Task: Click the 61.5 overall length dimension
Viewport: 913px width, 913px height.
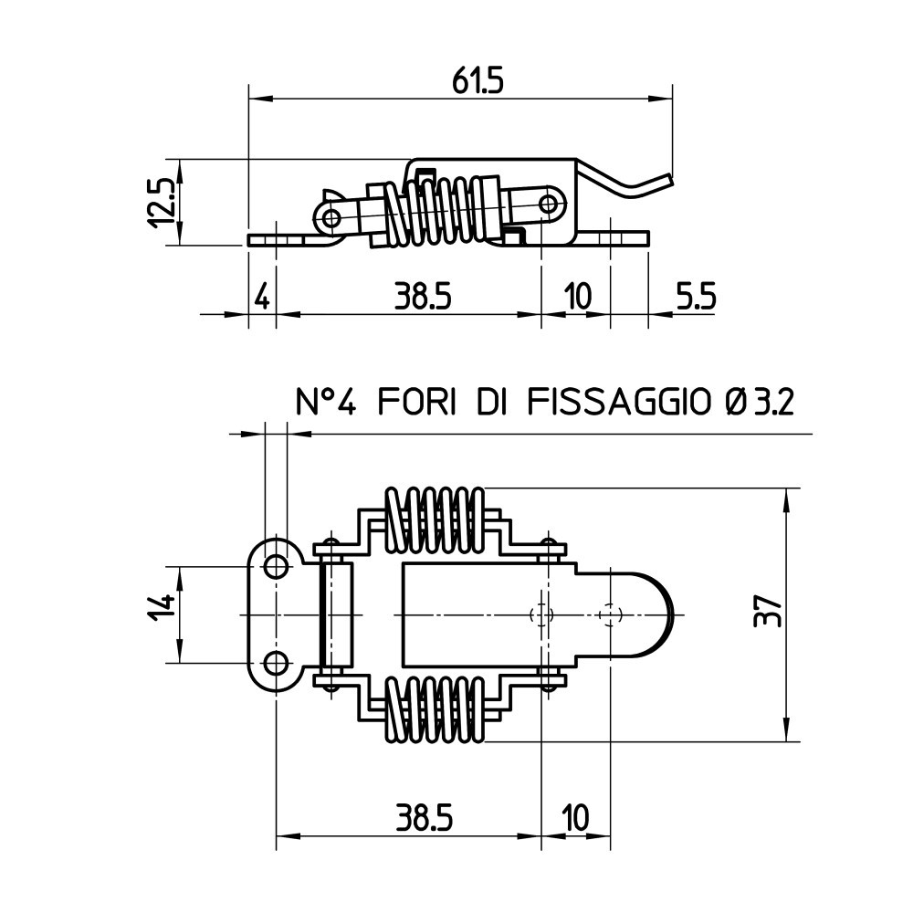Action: tap(477, 82)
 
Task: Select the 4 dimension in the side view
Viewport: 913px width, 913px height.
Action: tap(263, 297)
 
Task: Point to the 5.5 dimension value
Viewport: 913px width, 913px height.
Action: tap(696, 297)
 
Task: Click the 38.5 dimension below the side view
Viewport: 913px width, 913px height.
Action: tap(423, 297)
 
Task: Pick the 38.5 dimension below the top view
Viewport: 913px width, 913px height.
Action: tap(424, 817)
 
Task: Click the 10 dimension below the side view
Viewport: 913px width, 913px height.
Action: tap(577, 297)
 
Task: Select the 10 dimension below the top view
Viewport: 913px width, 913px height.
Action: tap(575, 817)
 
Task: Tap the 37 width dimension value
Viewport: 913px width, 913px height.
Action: tap(767, 611)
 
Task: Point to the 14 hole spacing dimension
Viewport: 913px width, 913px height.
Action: tap(162, 607)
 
